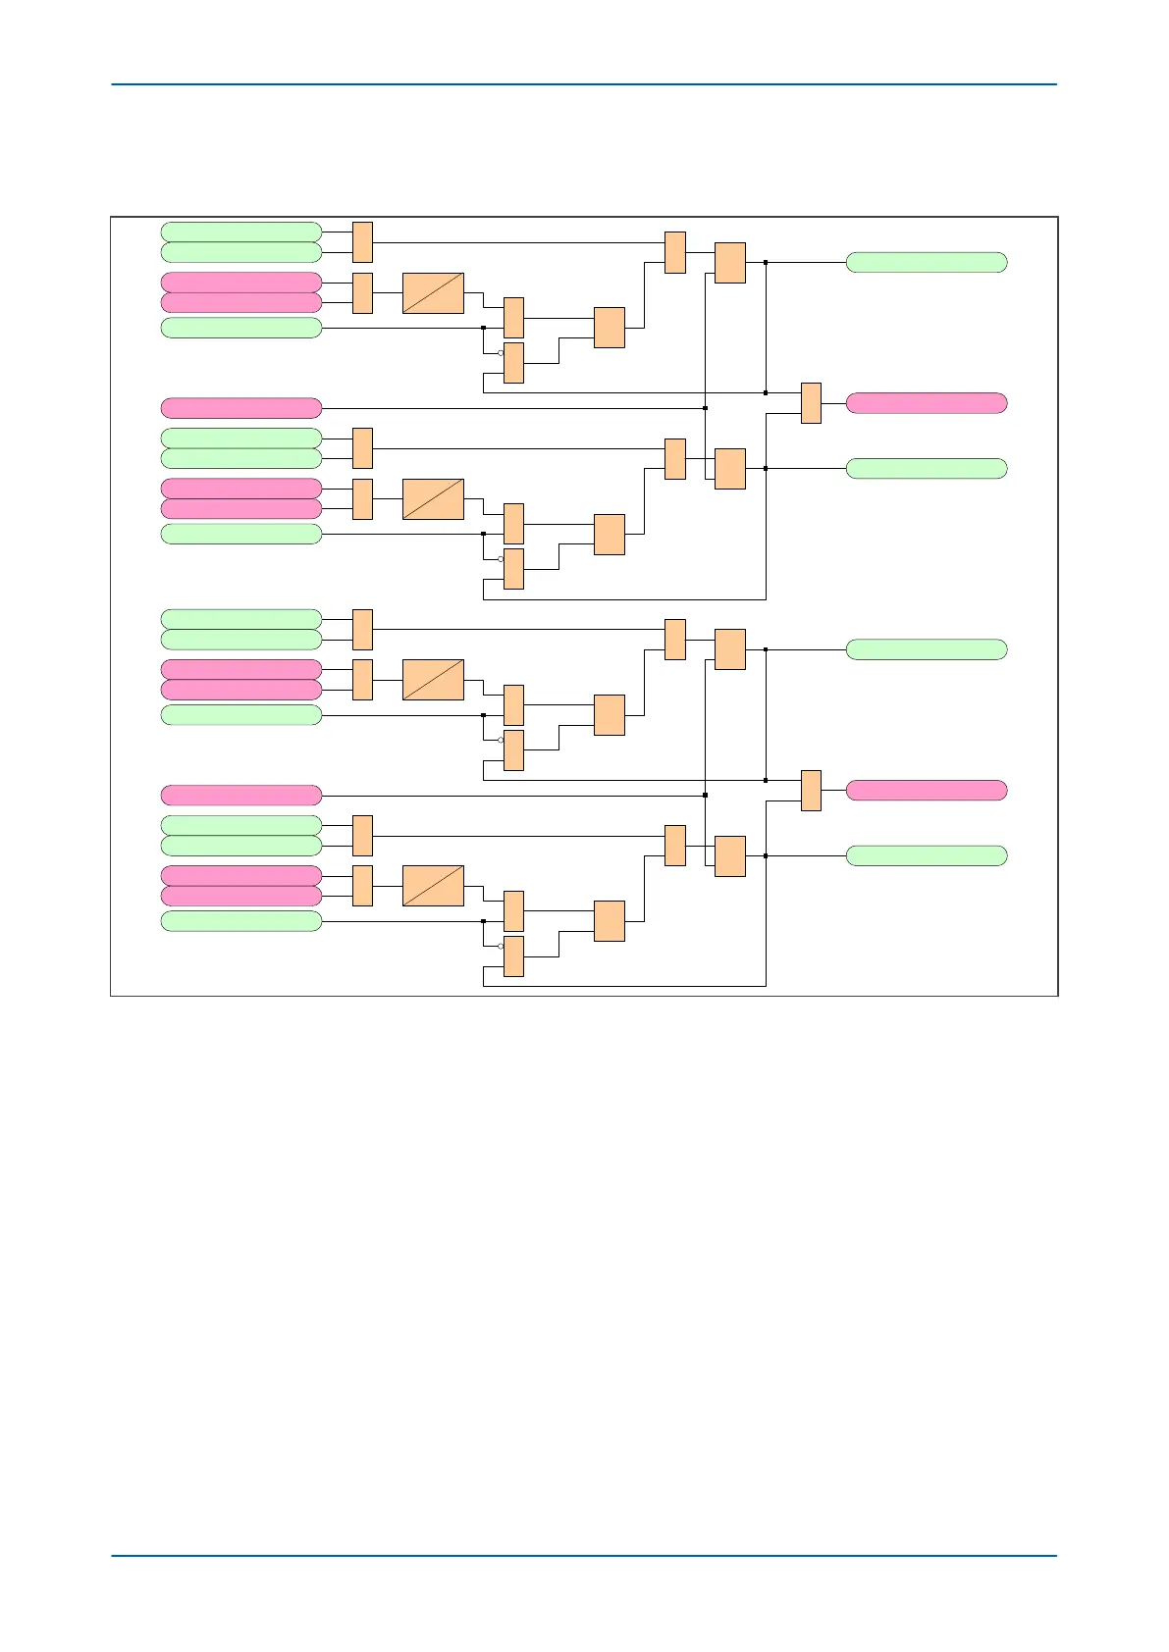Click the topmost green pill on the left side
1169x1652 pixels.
coord(240,232)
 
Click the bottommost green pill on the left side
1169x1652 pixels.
coord(240,921)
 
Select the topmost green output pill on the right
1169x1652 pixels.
coord(926,262)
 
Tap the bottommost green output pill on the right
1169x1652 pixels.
coord(926,855)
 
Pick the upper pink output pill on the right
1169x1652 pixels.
coord(926,403)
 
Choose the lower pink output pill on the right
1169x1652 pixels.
coord(926,791)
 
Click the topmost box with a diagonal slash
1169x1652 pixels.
coord(433,293)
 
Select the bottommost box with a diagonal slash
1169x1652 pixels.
coord(433,886)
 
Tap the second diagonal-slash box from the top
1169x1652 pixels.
coord(433,499)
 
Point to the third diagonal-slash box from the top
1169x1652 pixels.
coord(433,680)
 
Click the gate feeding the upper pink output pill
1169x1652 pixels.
coord(811,403)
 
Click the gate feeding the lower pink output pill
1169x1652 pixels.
coord(811,791)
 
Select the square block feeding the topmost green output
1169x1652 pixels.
coord(730,263)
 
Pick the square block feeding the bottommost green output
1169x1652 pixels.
coord(730,856)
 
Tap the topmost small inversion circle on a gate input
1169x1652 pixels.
coord(501,352)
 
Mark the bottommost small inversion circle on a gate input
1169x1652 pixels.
coord(501,946)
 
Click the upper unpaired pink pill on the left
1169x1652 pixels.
coord(240,408)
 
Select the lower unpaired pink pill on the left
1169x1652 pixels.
coord(240,795)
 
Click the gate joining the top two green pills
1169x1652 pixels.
coord(362,242)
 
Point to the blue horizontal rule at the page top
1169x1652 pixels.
coord(583,84)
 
